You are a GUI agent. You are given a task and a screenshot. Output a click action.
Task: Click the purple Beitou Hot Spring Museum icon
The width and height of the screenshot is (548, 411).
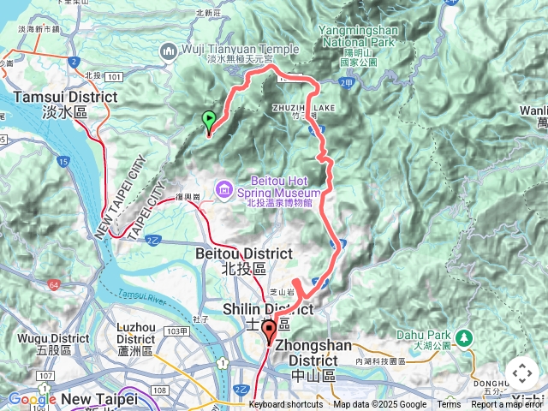coord(224,188)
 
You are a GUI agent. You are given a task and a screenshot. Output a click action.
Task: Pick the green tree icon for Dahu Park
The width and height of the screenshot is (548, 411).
coord(464,337)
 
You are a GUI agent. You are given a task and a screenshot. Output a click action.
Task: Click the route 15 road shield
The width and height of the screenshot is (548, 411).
coord(63,161)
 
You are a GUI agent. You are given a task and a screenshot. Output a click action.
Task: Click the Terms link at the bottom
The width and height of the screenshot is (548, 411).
coord(449,404)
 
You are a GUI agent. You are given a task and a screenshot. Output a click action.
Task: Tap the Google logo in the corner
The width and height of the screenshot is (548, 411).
coord(32,399)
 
